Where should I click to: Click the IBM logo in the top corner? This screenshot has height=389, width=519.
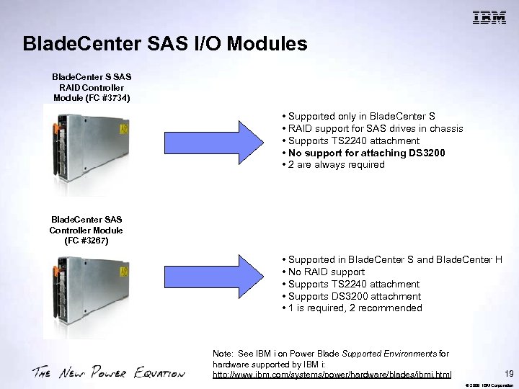click(x=489, y=18)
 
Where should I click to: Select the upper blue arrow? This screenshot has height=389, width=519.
click(x=213, y=140)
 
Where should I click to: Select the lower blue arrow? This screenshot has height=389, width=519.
click(x=213, y=284)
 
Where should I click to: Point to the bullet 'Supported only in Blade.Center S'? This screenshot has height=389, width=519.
click(x=360, y=116)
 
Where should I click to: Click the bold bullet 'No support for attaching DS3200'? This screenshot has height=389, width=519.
click(x=365, y=153)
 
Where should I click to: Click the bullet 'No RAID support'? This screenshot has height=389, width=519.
click(x=324, y=272)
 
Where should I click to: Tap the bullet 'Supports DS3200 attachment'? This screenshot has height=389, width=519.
click(x=352, y=296)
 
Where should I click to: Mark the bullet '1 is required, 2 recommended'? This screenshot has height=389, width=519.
click(x=352, y=308)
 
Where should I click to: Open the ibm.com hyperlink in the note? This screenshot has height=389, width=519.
click(x=332, y=375)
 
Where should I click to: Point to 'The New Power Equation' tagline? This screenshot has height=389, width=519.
click(x=108, y=372)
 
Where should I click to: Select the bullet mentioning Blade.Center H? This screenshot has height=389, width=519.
click(x=393, y=259)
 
